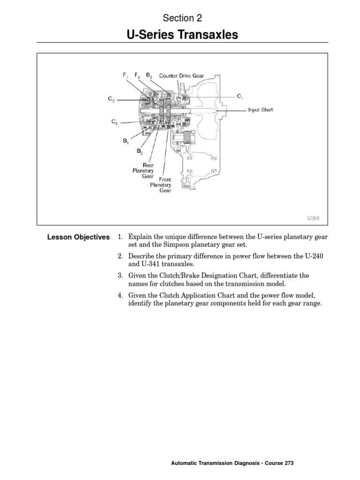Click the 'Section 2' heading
tap(182, 18)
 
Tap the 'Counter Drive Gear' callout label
tap(181, 75)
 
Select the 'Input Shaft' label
tap(261, 110)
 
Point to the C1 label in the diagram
tap(240, 96)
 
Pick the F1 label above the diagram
tap(125, 75)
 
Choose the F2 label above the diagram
tap(137, 75)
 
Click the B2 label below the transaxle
tap(140, 151)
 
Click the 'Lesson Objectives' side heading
tap(78, 237)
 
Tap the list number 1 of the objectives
tap(120, 237)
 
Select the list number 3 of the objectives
tap(120, 276)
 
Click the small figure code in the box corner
tap(314, 218)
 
